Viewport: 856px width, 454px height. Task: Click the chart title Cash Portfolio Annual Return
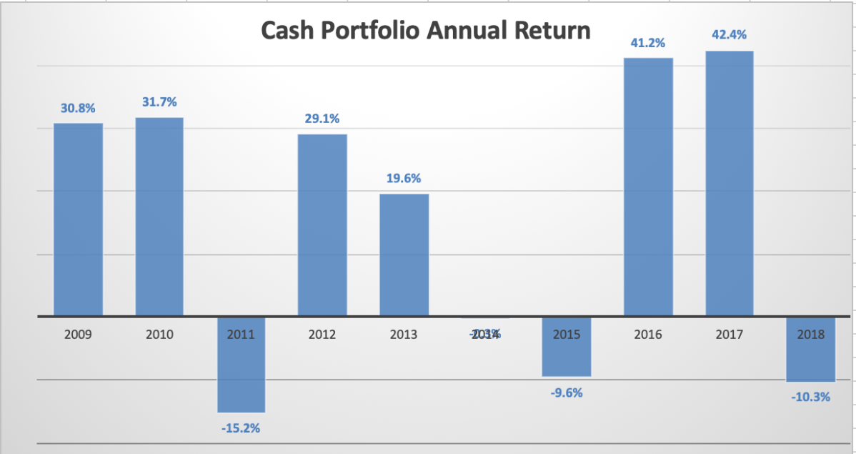click(x=425, y=31)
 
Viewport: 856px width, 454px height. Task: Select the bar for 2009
click(x=78, y=219)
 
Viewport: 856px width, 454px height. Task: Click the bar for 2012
click(x=322, y=224)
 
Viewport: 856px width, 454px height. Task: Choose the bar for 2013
click(x=404, y=255)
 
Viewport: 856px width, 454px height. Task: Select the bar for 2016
click(x=648, y=186)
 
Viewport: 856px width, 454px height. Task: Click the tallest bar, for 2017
click(x=730, y=183)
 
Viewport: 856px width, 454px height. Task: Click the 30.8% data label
click(x=78, y=108)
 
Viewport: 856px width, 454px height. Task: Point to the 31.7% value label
click(x=159, y=102)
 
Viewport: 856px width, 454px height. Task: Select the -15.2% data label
click(x=242, y=428)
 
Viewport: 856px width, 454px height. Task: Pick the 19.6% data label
click(x=404, y=179)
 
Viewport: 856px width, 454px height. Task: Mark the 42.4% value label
click(x=730, y=35)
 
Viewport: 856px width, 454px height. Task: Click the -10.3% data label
click(x=811, y=397)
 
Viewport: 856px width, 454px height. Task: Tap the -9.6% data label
click(x=567, y=393)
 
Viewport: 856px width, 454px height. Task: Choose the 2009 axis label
click(x=78, y=334)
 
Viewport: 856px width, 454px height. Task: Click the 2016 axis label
click(x=648, y=334)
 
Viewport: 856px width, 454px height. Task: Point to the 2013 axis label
click(x=404, y=334)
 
